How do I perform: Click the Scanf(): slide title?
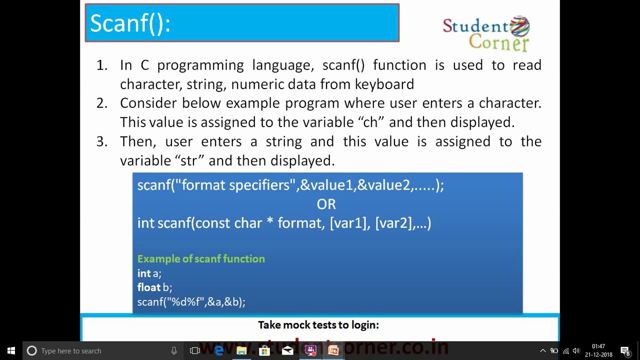pyautogui.click(x=130, y=23)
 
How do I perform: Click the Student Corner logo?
pyautogui.click(x=486, y=33)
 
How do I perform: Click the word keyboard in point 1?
pyautogui.click(x=384, y=84)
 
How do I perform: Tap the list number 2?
pyautogui.click(x=101, y=103)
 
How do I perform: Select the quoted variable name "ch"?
pyautogui.click(x=370, y=122)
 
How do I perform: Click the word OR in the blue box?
pyautogui.click(x=326, y=204)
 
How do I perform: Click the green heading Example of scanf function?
pyautogui.click(x=201, y=258)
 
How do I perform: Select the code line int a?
pyautogui.click(x=149, y=273)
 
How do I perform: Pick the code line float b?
pyautogui.click(x=154, y=287)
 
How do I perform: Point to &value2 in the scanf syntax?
pyautogui.click(x=383, y=185)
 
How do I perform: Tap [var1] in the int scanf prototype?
pyautogui.click(x=348, y=223)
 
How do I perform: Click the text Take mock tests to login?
pyautogui.click(x=318, y=325)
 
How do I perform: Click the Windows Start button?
pyautogui.click(x=11, y=350)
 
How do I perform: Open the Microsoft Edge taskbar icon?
pyautogui.click(x=218, y=350)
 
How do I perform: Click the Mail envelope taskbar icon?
pyautogui.click(x=287, y=350)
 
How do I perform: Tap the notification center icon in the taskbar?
pyautogui.click(x=625, y=350)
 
